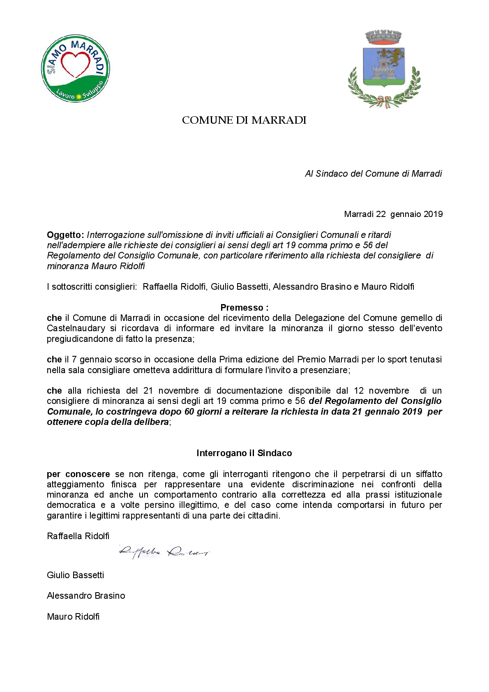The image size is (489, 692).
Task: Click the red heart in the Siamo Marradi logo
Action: [x=75, y=66]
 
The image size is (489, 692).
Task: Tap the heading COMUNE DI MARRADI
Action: [x=244, y=120]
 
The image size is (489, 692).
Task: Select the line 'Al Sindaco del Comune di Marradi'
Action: [x=373, y=174]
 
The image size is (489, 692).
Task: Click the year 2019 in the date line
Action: [x=433, y=214]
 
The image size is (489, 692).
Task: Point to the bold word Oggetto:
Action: [x=65, y=235]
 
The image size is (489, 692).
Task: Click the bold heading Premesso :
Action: [x=244, y=308]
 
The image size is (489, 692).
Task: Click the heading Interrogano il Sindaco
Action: [x=244, y=453]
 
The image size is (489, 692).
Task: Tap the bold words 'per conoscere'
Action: [x=78, y=474]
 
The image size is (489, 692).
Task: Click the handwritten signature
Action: [x=164, y=552]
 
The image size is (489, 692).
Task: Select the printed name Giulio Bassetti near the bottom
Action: [x=75, y=575]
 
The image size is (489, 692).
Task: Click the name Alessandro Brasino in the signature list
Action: [x=86, y=596]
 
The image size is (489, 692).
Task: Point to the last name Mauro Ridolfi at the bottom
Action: [x=73, y=617]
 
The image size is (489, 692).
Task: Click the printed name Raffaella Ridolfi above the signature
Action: [x=78, y=536]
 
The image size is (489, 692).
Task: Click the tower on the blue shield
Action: [x=383, y=70]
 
